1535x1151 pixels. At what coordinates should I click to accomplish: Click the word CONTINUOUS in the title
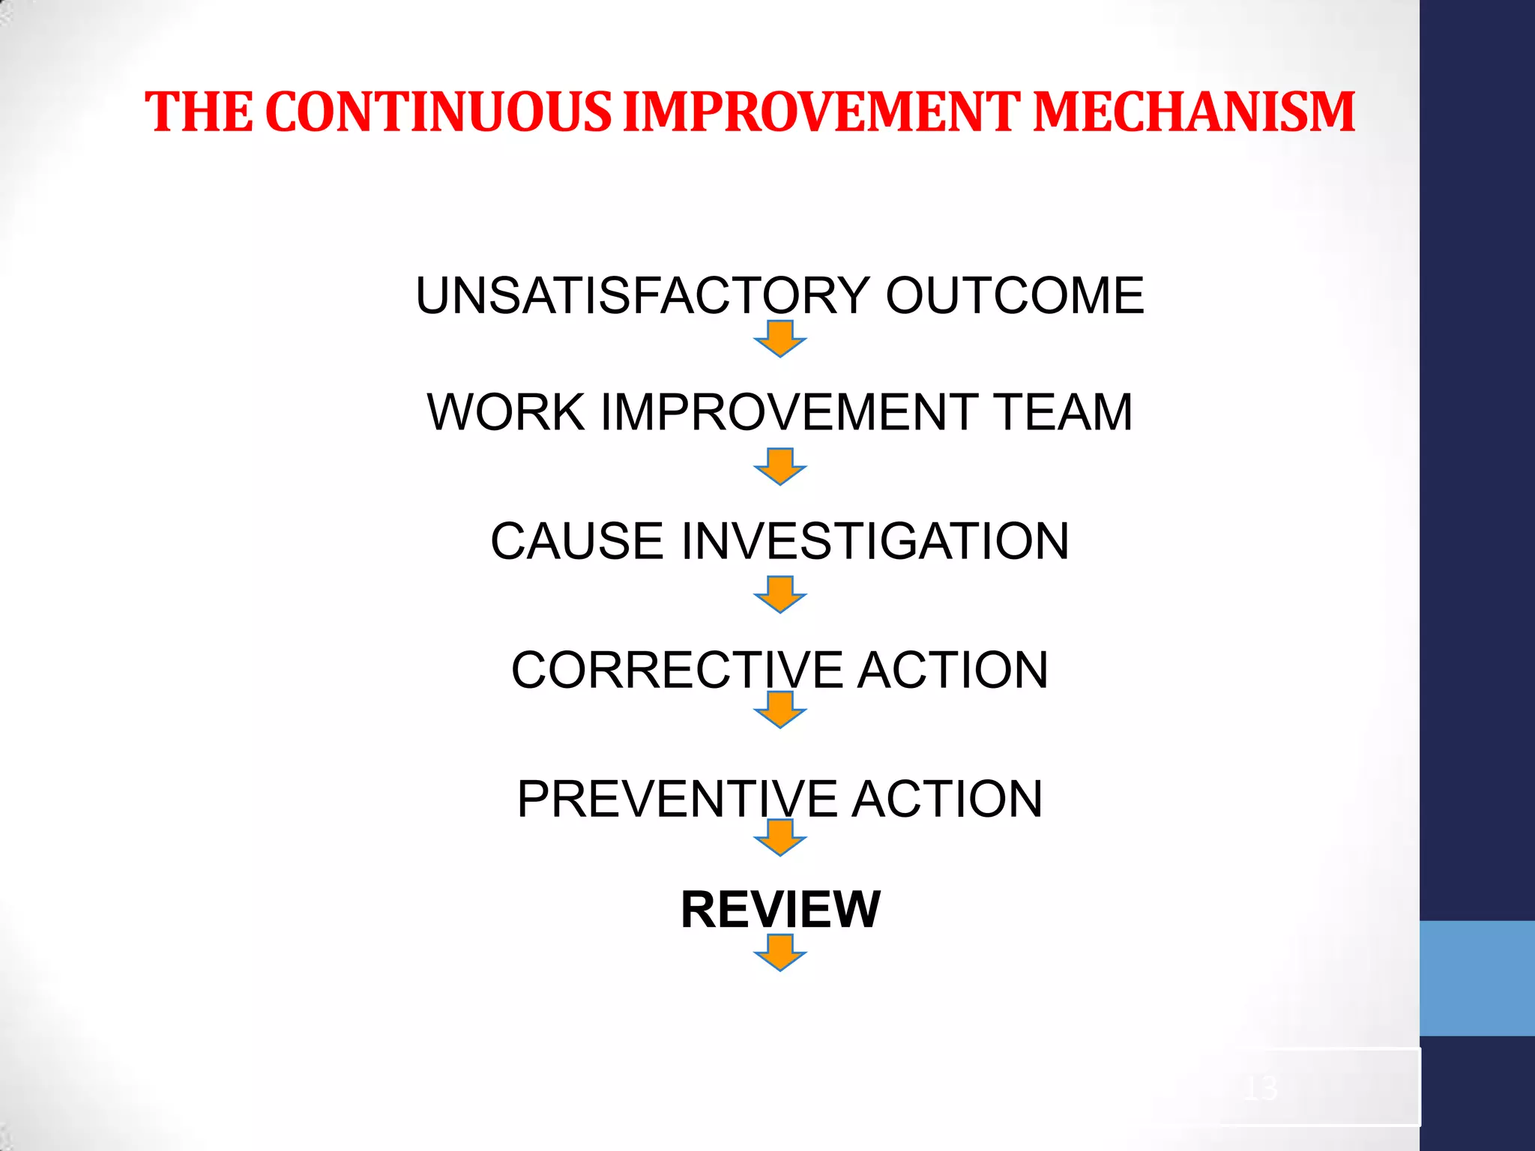(x=438, y=112)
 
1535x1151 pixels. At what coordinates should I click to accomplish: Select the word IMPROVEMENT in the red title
(x=821, y=112)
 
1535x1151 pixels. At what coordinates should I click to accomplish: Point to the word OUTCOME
(x=1015, y=295)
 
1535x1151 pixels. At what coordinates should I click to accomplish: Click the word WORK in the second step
(x=506, y=412)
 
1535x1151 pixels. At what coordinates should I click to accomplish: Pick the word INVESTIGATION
(x=875, y=541)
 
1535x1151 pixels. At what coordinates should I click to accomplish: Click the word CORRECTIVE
(x=677, y=670)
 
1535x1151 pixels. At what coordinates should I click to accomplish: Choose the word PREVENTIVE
(x=677, y=799)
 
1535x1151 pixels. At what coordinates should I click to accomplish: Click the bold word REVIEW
(x=780, y=910)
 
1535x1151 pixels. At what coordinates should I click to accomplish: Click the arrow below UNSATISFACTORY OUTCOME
(x=780, y=339)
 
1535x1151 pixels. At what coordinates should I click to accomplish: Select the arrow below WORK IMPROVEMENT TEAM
(x=780, y=467)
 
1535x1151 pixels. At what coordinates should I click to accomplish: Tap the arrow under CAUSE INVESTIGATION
(x=780, y=594)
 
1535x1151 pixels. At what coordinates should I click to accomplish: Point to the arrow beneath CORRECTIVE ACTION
(x=780, y=710)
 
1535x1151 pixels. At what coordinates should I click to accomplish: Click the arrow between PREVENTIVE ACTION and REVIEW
(x=780, y=838)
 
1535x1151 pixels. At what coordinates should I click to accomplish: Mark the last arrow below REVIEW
(x=780, y=952)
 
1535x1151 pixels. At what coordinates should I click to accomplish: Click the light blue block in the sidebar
(x=1477, y=978)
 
